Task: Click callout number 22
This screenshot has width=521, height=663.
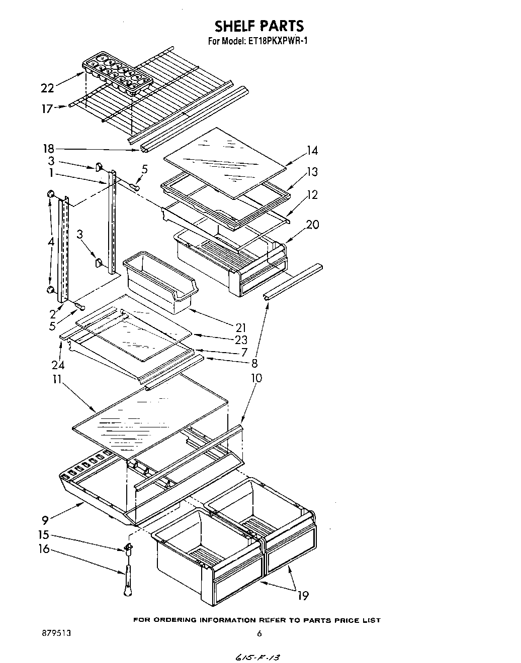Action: coord(47,88)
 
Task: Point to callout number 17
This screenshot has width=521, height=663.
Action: coord(47,108)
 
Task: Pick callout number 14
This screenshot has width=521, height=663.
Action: coord(312,150)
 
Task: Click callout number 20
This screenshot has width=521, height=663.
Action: coord(312,225)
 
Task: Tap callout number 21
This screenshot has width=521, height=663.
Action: coord(240,328)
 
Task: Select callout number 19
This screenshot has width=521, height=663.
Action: coord(302,596)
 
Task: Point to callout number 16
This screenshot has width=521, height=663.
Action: coord(44,549)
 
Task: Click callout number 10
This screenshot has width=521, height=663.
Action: coord(256,378)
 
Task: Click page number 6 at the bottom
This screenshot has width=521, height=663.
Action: coord(259,634)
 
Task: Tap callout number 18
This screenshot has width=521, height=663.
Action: coord(49,148)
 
